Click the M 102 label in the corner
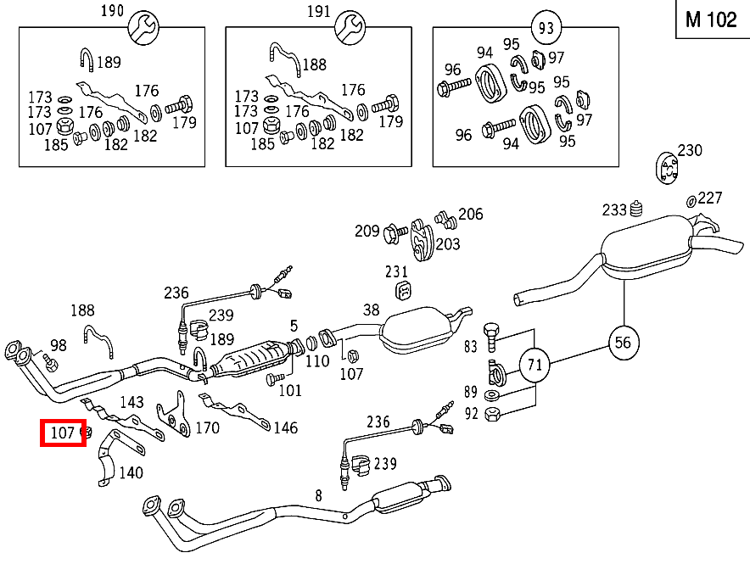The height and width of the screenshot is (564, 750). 711,20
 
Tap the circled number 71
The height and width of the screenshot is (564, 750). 535,366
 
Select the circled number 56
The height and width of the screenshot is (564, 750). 624,342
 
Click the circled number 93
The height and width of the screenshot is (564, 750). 546,27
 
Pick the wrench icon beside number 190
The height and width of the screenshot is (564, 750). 141,28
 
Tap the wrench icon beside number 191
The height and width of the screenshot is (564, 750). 348,28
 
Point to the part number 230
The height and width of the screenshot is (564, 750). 690,150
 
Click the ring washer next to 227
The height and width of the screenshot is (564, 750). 691,200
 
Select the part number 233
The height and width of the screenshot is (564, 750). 614,209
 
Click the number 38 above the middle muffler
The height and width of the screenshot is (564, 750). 372,310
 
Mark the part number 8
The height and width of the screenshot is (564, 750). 318,495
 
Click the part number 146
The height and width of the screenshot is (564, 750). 285,427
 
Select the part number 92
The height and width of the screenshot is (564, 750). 472,415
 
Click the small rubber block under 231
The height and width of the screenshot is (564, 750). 404,291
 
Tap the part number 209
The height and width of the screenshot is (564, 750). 367,230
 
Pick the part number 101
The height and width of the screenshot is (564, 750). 289,391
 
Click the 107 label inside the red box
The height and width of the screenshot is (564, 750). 63,433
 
